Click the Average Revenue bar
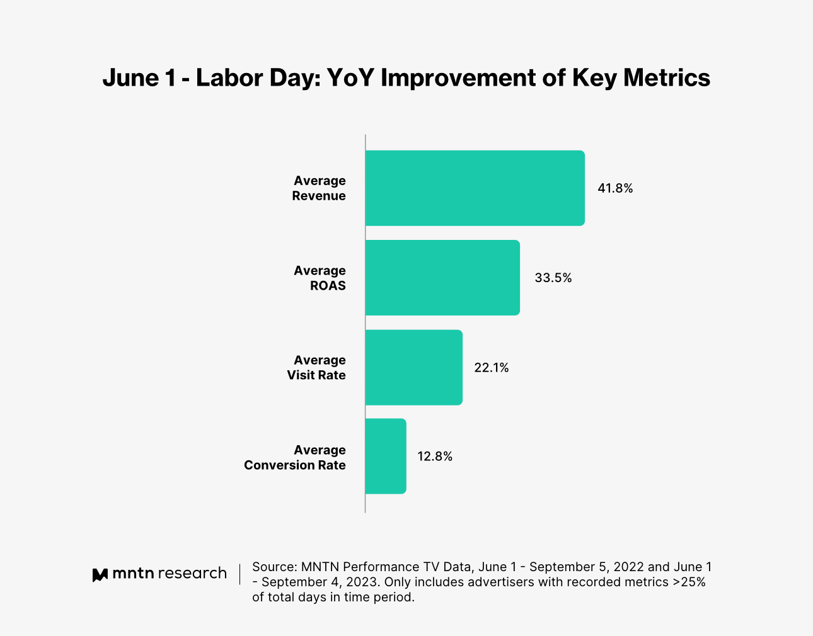tap(475, 188)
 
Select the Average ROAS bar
tap(442, 278)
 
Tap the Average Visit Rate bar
tap(413, 367)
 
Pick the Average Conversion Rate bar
tap(386, 456)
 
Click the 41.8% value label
tap(615, 188)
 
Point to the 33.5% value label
tap(553, 278)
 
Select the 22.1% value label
tap(492, 368)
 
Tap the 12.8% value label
tap(435, 457)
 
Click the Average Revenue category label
tap(319, 188)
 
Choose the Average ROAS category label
tap(320, 278)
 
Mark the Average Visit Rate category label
tap(316, 368)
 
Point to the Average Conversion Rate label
tap(295, 458)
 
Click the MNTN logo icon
tap(100, 574)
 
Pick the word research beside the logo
tap(192, 574)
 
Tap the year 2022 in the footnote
tap(628, 567)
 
